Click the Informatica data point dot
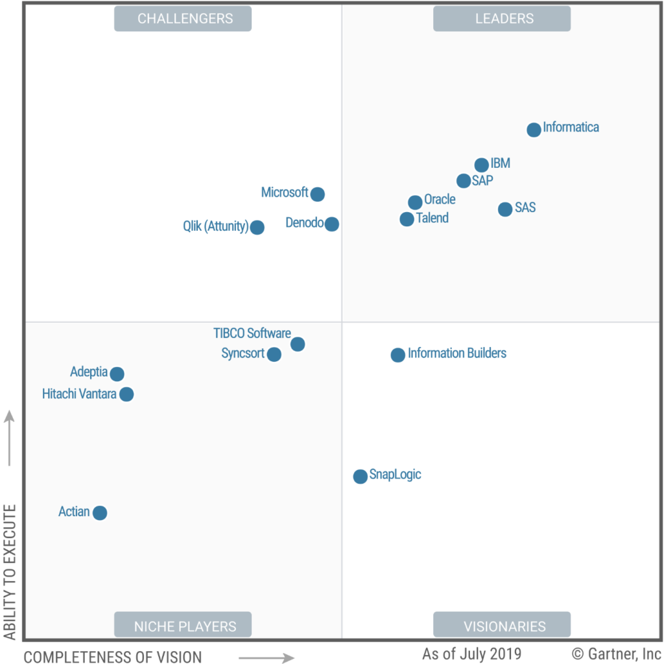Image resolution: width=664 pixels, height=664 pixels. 534,130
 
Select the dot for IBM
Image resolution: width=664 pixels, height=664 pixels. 482,165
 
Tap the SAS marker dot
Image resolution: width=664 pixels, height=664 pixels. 504,209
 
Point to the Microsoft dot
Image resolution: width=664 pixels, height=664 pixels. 317,195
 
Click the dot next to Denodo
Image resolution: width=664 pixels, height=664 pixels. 331,224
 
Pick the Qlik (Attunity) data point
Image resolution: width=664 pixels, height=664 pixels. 257,228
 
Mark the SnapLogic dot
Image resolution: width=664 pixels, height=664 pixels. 361,477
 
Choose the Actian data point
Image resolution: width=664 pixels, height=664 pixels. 100,513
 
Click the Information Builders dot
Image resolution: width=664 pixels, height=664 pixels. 397,355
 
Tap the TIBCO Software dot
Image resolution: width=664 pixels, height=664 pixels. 298,344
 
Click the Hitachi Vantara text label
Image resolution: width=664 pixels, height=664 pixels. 79,394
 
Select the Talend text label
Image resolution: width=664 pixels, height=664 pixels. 433,218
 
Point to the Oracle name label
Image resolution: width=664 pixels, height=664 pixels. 440,199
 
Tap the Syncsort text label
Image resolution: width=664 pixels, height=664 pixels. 243,353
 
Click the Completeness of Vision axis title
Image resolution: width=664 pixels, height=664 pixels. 113,657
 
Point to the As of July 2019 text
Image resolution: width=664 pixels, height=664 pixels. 472,654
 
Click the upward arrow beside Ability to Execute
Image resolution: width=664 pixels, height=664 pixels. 9,438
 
